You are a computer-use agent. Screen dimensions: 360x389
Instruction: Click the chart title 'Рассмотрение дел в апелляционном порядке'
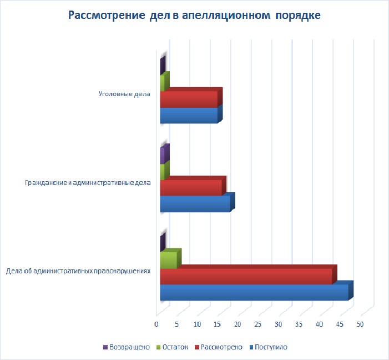194,15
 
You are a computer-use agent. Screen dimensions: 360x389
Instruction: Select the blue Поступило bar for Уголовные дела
189,116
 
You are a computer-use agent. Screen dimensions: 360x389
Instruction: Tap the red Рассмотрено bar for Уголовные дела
189,99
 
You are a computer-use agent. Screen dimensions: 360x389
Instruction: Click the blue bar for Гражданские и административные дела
195,204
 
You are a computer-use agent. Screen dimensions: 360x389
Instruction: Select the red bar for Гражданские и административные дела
191,188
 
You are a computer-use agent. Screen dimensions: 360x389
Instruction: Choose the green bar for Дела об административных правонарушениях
168,260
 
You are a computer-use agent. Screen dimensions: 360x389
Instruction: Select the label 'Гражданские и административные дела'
88,182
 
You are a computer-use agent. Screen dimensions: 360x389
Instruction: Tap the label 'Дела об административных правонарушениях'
78,271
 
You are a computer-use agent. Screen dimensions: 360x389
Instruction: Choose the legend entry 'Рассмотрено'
221,347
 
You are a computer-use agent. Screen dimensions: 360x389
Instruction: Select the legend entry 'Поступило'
270,347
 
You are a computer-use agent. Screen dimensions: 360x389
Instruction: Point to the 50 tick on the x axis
360,324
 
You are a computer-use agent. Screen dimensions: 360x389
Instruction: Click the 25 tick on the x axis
258,324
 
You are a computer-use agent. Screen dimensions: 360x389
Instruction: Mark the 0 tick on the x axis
156,324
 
